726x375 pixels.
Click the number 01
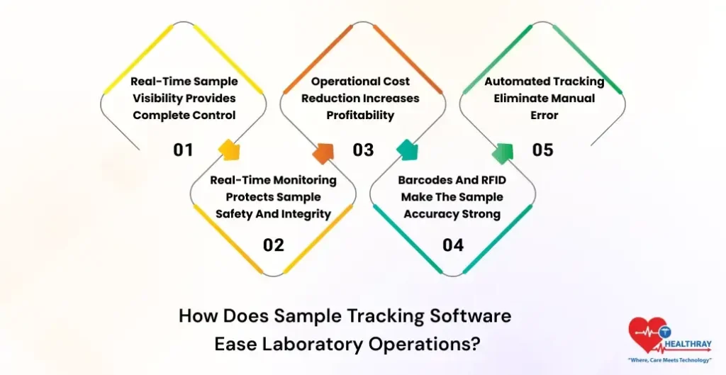pos(183,150)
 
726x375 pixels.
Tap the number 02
pos(273,245)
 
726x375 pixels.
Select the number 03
pos(363,150)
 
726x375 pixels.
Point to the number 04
pos(453,245)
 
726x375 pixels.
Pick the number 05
pos(542,150)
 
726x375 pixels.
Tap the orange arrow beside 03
pos(323,152)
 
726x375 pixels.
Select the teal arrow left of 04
pos(408,151)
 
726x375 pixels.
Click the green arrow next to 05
pos(503,152)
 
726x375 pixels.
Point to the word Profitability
pos(360,115)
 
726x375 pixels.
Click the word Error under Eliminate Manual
pos(544,115)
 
